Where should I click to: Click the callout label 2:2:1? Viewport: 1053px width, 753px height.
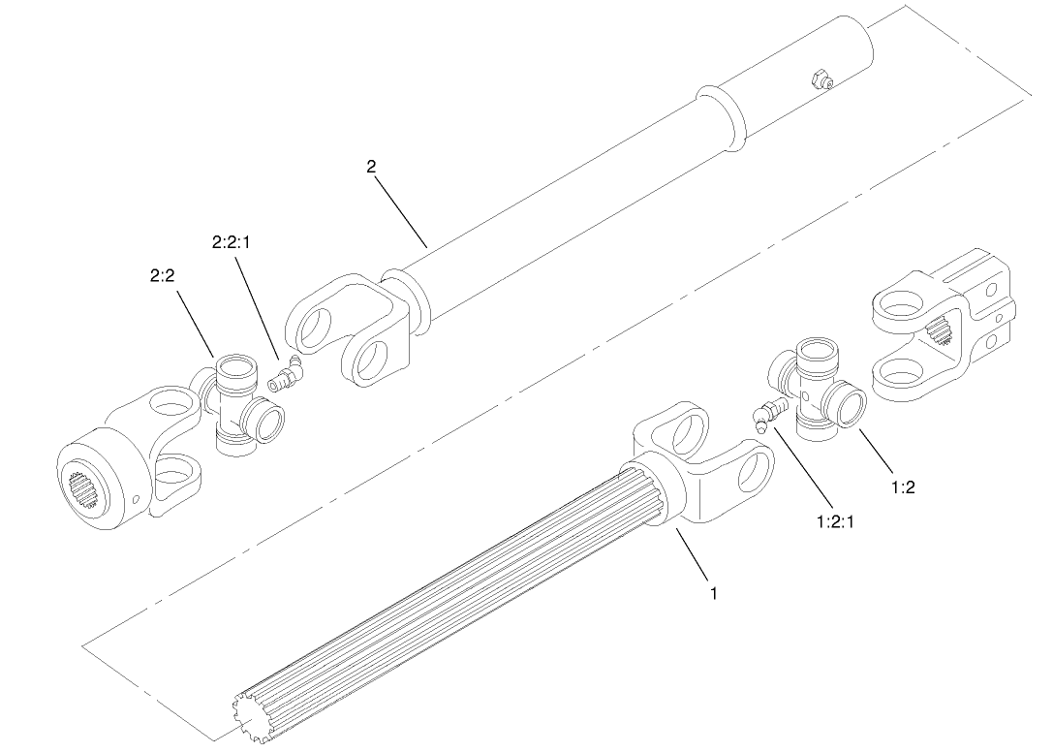pos(230,242)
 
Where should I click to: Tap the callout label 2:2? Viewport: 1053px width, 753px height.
pos(162,276)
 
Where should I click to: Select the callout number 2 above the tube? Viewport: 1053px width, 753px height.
pos(371,166)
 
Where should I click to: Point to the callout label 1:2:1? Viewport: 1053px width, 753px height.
pos(837,521)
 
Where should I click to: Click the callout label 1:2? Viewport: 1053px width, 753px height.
pos(902,487)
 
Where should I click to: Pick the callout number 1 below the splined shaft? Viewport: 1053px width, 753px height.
pos(714,593)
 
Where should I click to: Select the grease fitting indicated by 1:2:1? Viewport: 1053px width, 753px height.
pos(767,415)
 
